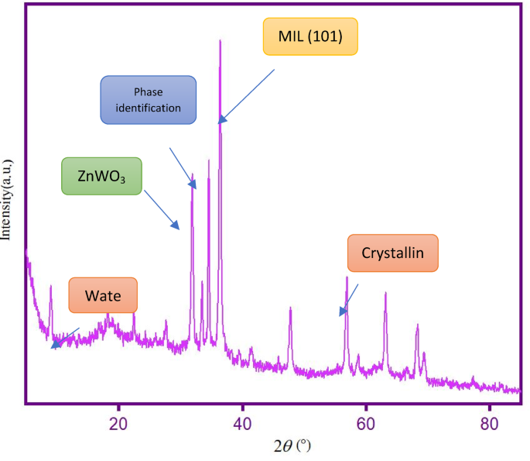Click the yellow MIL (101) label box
point(310,37)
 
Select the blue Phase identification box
point(149,100)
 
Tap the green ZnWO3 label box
point(102,176)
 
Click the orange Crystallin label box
point(392,253)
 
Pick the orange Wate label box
point(103,295)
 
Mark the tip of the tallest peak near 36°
point(221,40)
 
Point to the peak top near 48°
point(290,308)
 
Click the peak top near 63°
point(385,293)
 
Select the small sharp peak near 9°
point(51,286)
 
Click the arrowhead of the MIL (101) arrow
point(220,122)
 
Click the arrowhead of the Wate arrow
point(53,347)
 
